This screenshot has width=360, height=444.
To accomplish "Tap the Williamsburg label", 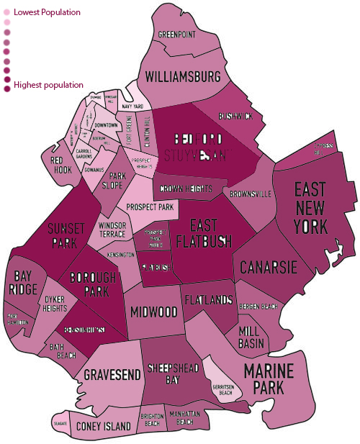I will point(183,76).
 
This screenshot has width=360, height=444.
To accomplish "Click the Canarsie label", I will point(269,267).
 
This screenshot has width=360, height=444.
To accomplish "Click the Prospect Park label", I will point(151,207).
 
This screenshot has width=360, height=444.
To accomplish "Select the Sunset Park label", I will point(62,236).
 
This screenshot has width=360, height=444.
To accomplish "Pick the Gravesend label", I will point(107,375).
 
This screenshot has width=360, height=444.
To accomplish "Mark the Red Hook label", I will point(58,165).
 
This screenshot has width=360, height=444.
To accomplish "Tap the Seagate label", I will point(60,425).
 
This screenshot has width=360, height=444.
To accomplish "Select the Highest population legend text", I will point(48,85).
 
